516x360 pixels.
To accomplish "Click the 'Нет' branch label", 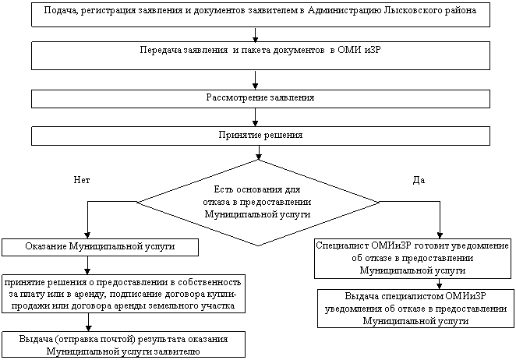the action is (x=82, y=180).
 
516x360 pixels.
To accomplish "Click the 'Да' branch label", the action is (x=419, y=180).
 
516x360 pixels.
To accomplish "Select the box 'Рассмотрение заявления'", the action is (x=260, y=99).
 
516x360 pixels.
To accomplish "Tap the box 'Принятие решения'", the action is (x=260, y=136).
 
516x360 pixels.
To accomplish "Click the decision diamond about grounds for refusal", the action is (x=258, y=203).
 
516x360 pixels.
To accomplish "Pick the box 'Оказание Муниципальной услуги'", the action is (x=100, y=247).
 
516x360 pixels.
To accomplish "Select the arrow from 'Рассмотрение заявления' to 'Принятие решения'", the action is (x=255, y=118).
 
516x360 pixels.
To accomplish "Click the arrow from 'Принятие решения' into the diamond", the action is (x=259, y=153).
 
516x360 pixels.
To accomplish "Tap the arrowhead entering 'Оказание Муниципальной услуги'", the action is (x=87, y=235).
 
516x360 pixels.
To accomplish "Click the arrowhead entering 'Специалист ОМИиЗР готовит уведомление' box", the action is (x=440, y=235).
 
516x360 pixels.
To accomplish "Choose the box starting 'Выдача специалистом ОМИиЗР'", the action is (x=415, y=309).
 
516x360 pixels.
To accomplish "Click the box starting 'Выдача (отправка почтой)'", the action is (x=123, y=344).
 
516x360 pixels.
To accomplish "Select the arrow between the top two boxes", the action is (x=255, y=34).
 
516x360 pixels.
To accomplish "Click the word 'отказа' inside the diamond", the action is (x=216, y=202).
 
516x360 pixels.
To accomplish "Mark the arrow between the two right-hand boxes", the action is (x=439, y=284).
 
